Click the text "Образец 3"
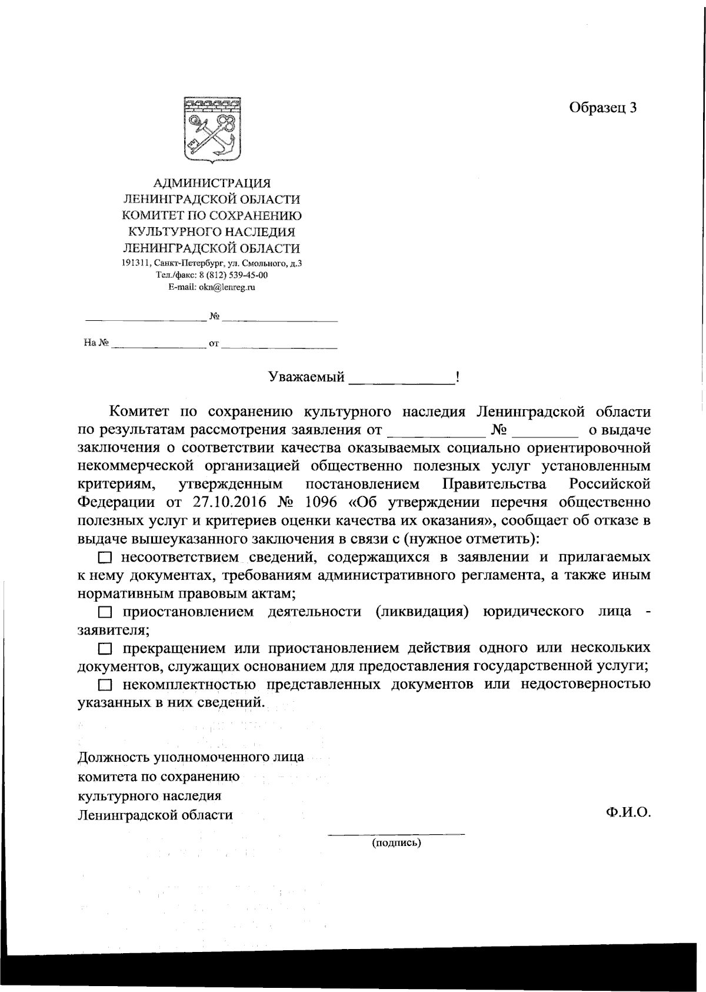[602, 108]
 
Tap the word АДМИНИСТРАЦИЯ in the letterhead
[212, 184]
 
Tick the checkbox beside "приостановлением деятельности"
[105, 613]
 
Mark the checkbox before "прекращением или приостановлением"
[105, 649]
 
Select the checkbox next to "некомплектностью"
[105, 685]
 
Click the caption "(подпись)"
[396, 844]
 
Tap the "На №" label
[96, 343]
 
